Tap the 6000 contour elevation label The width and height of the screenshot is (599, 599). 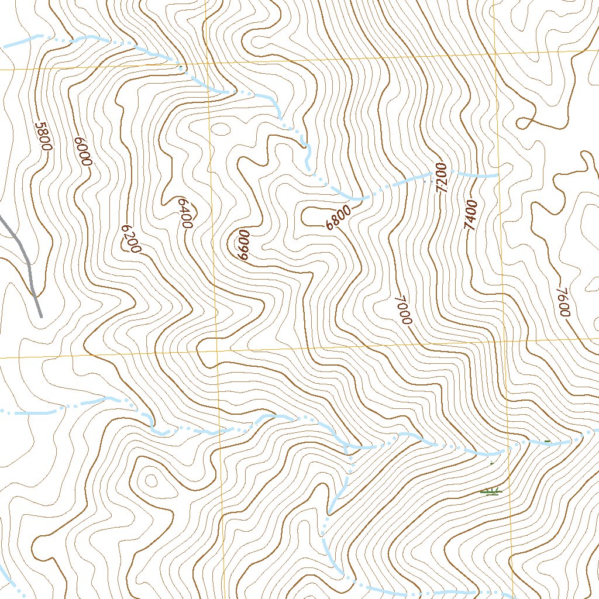[x=83, y=152]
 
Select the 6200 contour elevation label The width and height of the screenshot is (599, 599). [x=130, y=239]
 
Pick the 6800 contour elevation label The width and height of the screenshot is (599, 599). [x=339, y=218]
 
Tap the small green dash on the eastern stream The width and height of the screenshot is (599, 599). [x=548, y=440]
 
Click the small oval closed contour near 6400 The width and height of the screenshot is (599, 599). [x=221, y=129]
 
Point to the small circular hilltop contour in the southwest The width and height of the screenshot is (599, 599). [x=151, y=481]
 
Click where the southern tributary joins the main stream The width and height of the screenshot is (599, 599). [x=347, y=448]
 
